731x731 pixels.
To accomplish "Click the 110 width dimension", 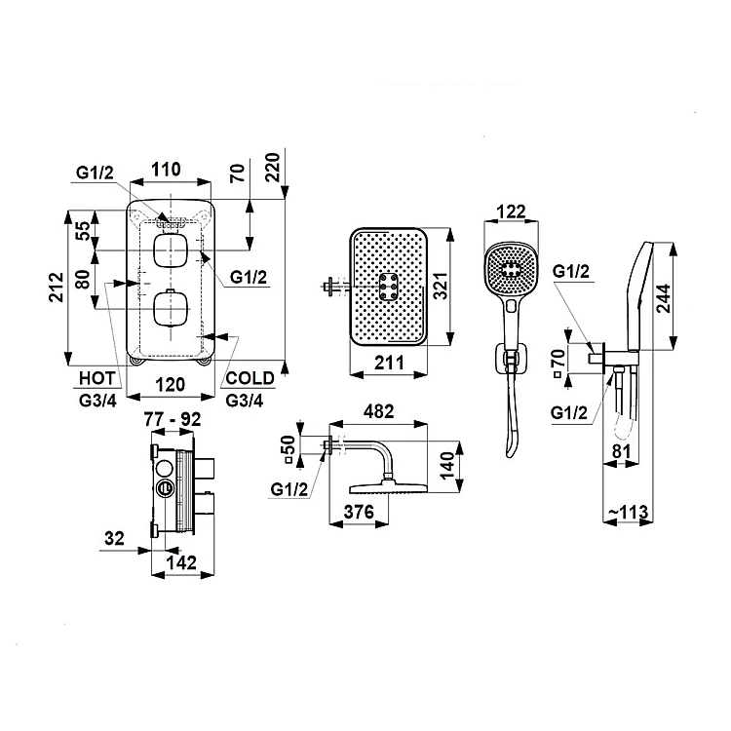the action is (x=166, y=170).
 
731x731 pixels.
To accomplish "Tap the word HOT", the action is (x=96, y=378).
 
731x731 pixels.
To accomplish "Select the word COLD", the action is (x=250, y=378).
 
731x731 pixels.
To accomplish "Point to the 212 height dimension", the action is (x=57, y=288).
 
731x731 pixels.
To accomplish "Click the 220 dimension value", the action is (x=272, y=167).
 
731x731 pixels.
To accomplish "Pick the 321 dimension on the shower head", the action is (x=441, y=285).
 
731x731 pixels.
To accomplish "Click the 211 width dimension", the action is (x=389, y=363).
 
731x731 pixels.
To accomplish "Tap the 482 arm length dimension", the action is (x=378, y=411).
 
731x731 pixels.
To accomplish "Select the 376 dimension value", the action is (x=359, y=512).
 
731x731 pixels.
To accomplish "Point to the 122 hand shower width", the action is (x=511, y=212).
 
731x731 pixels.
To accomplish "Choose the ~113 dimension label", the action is (x=628, y=512).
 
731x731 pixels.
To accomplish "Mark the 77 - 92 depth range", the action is (x=173, y=419).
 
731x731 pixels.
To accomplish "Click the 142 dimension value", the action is (x=181, y=562).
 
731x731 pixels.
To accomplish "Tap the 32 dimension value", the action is (x=114, y=538).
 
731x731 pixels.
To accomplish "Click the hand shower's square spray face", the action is (x=512, y=269).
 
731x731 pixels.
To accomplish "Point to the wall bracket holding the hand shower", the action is (x=512, y=359).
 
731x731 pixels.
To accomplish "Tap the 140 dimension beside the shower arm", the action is (x=447, y=466).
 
